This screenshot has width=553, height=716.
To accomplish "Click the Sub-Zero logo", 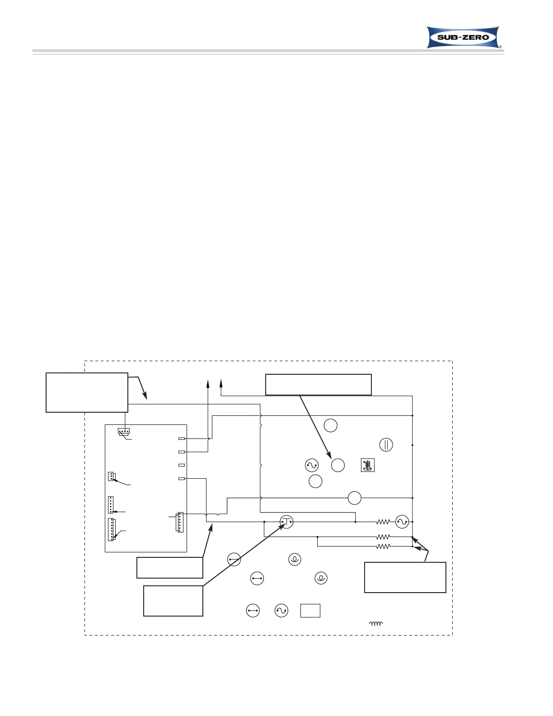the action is point(463,37).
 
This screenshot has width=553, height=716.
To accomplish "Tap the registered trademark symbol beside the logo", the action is point(500,47).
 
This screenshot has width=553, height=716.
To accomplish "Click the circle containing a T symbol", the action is point(286,522).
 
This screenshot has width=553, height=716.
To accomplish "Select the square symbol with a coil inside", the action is point(368,465).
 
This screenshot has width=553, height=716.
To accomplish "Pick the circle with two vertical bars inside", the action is point(386,445).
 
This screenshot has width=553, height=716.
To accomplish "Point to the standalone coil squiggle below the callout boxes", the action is point(376,624).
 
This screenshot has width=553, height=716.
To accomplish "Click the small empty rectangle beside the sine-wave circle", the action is point(310,611).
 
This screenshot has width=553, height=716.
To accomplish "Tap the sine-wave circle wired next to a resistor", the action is point(402,522).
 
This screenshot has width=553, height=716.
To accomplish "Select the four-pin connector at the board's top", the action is point(123,431).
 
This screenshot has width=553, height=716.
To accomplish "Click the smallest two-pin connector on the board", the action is point(111,476).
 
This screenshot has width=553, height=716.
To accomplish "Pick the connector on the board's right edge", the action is point(180,522).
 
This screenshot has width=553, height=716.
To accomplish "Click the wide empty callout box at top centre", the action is point(318,385).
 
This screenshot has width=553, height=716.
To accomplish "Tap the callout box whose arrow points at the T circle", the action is point(173,601).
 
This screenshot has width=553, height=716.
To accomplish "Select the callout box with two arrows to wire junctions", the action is point(405,577).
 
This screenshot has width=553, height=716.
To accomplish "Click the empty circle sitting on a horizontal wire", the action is point(355,498).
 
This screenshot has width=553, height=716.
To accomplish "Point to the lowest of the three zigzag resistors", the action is point(383,546).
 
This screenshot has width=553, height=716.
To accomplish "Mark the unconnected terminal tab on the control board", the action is point(182,465).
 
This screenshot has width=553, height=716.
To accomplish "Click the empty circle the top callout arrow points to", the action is point(338,465).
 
